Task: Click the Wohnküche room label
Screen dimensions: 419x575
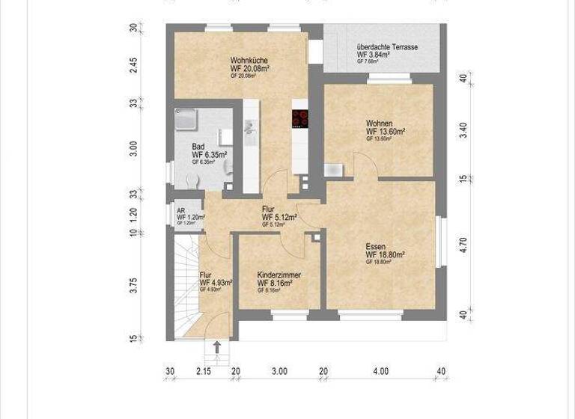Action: click(245, 60)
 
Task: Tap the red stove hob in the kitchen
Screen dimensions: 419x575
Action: click(300, 118)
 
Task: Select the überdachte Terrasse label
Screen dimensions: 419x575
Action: click(387, 46)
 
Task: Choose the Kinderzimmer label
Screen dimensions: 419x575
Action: click(279, 275)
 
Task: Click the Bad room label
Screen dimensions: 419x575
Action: click(198, 147)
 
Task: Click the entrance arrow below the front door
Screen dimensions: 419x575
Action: click(217, 346)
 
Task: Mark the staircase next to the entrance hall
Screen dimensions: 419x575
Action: click(183, 284)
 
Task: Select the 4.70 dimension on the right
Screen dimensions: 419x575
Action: click(463, 245)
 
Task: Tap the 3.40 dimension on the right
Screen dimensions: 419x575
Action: click(463, 129)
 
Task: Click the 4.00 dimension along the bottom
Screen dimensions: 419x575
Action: click(380, 370)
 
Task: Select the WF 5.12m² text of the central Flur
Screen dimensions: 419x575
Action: click(279, 218)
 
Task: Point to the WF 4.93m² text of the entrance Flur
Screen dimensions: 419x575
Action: click(216, 283)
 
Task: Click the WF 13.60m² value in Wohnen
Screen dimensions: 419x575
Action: click(386, 132)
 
